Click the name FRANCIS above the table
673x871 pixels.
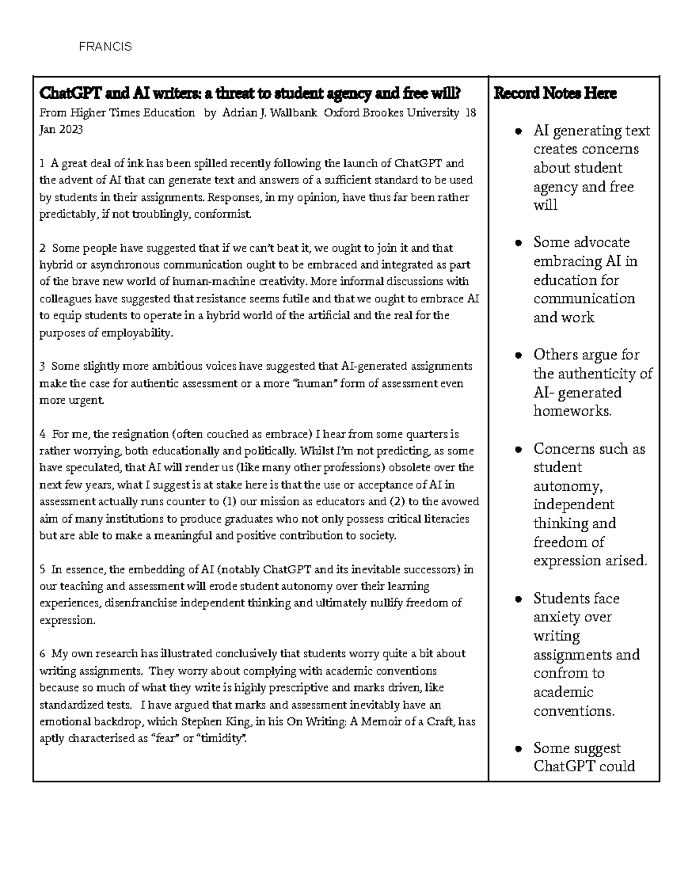105,47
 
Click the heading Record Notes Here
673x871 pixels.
555,93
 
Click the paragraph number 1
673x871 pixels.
42,164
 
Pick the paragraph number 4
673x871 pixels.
43,434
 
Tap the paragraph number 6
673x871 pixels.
43,654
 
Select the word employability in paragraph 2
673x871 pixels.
137,333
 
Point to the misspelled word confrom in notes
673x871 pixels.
561,673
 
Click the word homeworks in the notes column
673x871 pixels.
571,411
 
